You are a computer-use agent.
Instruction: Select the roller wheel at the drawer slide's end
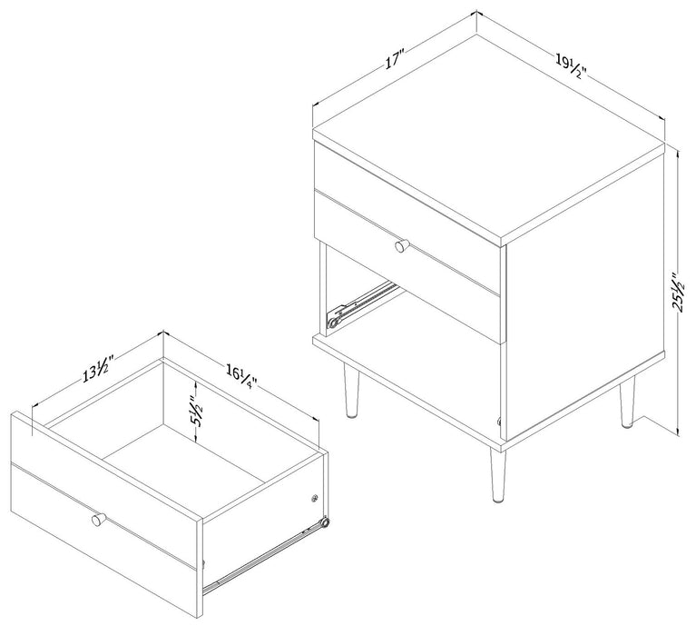[x=323, y=526]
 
